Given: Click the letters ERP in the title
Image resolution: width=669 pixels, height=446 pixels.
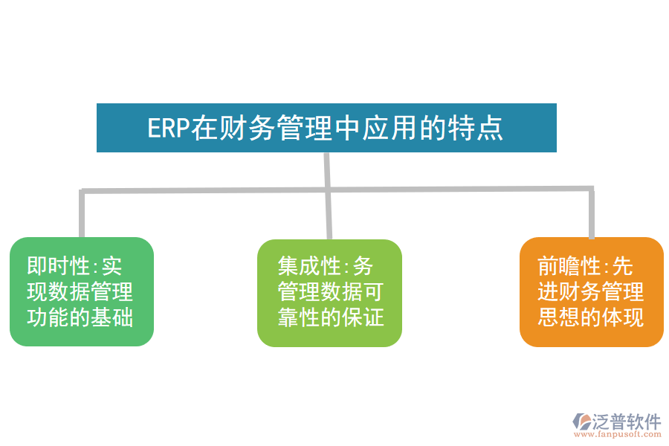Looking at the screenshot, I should pyautogui.click(x=169, y=128).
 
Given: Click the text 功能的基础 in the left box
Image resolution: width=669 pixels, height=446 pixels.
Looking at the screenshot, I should pyautogui.click(x=80, y=317).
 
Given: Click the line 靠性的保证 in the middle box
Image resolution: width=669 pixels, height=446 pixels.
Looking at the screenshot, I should pyautogui.click(x=331, y=317).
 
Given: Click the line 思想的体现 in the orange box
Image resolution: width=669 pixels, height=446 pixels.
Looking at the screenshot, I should pyautogui.click(x=591, y=317).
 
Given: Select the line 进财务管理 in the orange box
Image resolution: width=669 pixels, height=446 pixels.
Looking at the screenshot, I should pyautogui.click(x=591, y=291).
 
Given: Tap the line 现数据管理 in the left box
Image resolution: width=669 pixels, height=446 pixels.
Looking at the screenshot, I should pyautogui.click(x=80, y=291).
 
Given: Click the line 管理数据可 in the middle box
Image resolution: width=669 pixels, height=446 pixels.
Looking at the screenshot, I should pyautogui.click(x=331, y=291).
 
